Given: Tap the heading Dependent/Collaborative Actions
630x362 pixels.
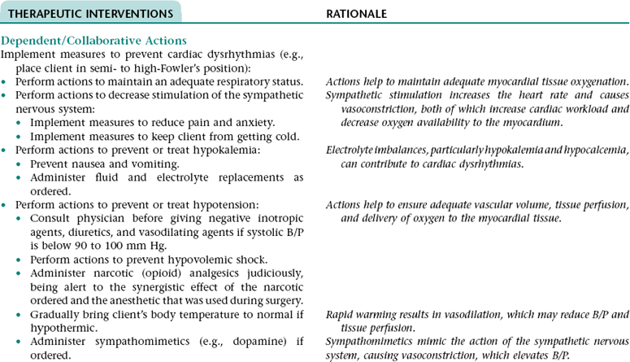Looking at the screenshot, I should (94, 41).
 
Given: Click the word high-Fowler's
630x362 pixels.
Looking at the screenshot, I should (173, 67).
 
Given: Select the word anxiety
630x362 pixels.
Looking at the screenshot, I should (253, 122).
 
